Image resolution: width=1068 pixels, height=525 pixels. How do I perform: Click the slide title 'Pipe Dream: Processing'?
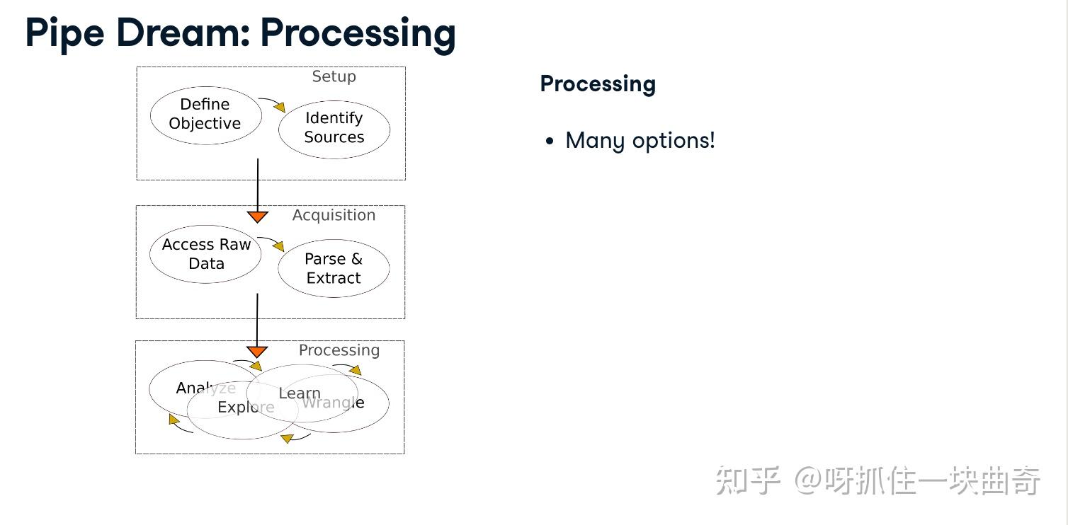(x=240, y=33)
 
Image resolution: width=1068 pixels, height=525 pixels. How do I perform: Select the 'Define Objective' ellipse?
(x=205, y=115)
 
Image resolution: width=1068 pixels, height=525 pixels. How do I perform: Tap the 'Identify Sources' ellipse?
(x=334, y=128)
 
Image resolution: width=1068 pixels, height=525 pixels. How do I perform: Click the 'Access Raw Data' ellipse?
(x=206, y=254)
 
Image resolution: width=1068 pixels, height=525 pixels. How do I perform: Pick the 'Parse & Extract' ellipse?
(x=334, y=269)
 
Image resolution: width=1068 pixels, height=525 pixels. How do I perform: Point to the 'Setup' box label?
(x=334, y=76)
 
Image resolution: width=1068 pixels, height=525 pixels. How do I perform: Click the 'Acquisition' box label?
(x=334, y=215)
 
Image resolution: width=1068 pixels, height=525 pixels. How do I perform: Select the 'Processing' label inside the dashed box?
(x=339, y=350)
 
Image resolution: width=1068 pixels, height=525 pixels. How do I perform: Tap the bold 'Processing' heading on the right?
(x=598, y=83)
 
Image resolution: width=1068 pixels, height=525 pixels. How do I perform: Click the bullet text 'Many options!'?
(x=640, y=140)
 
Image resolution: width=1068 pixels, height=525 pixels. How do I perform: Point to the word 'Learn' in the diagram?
(x=300, y=393)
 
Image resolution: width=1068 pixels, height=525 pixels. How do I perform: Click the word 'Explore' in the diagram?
(x=246, y=408)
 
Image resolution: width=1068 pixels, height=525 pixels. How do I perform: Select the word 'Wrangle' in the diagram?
(x=334, y=403)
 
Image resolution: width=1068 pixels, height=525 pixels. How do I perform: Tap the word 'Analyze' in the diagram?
(x=205, y=388)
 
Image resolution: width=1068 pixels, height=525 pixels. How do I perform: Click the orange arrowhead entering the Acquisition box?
(x=257, y=217)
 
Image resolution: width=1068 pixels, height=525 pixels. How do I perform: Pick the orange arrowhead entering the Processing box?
(x=257, y=352)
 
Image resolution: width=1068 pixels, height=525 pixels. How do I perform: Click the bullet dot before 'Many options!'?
(x=550, y=142)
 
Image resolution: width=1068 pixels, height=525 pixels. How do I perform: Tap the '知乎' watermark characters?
(x=747, y=481)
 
